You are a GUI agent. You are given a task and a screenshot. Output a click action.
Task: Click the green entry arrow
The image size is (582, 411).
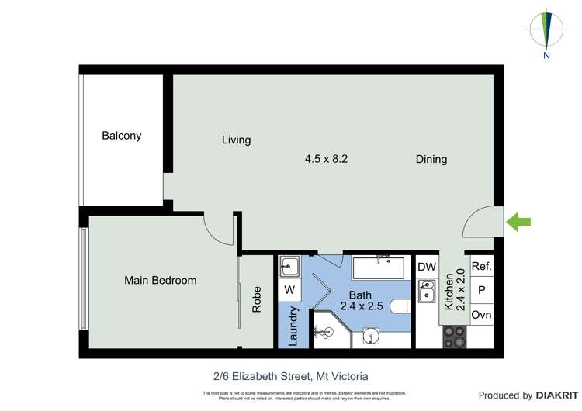click(x=518, y=223)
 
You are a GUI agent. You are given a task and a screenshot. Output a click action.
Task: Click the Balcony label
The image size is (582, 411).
click(x=122, y=136)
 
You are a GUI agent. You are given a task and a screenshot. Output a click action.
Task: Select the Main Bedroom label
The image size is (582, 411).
click(x=161, y=280)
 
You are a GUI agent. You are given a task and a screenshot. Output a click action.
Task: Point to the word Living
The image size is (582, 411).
click(x=236, y=140)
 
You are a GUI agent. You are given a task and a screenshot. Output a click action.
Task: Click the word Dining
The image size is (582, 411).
click(x=431, y=160)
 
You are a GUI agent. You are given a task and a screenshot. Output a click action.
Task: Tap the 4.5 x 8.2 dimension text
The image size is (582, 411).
click(x=326, y=159)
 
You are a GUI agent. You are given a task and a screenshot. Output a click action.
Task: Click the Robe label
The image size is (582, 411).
click(x=257, y=300)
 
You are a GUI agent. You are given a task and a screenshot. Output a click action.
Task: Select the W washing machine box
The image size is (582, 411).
click(x=289, y=290)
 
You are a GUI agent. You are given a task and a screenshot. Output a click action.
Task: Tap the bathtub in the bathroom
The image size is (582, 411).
click(x=379, y=268)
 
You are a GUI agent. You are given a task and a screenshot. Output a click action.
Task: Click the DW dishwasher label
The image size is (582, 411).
click(x=427, y=267)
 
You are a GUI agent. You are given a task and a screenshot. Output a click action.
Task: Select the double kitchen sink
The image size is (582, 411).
click(x=426, y=292)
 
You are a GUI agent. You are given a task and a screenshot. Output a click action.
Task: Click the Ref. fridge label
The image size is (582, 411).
click(x=481, y=266)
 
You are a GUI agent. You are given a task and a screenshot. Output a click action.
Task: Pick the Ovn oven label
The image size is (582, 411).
click(x=481, y=315)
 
